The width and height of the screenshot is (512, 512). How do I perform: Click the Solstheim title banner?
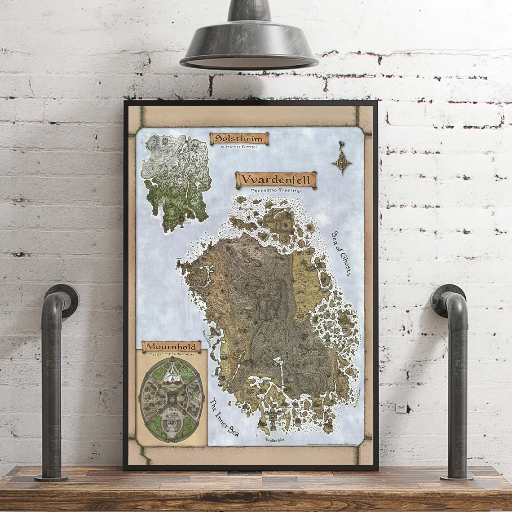point(239,138)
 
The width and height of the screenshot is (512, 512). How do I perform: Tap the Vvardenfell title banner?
point(276,180)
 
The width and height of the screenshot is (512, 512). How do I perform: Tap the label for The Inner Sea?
point(224,417)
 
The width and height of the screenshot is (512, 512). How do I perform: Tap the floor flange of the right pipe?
point(457,476)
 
